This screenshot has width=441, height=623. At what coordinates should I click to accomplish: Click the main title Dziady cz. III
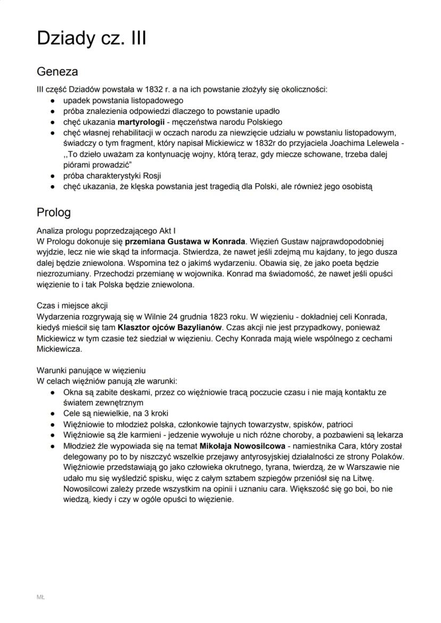(x=91, y=38)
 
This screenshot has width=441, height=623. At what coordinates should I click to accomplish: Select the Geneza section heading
(x=57, y=72)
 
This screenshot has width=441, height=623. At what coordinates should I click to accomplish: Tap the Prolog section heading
(x=53, y=212)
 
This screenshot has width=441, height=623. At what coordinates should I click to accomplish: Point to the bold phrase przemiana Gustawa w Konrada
(x=185, y=240)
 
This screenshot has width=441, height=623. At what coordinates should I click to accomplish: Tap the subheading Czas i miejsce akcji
(x=72, y=305)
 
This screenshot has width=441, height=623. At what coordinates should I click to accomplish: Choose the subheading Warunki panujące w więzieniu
(x=91, y=370)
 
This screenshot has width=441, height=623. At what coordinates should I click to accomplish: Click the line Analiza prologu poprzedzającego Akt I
(x=106, y=230)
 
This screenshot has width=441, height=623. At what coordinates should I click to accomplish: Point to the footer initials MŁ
(x=40, y=597)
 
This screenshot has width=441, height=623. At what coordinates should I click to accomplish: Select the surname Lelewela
(x=381, y=143)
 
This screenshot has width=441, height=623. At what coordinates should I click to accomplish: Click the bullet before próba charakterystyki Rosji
(x=52, y=176)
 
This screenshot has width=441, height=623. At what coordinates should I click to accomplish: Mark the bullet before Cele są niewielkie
(x=52, y=413)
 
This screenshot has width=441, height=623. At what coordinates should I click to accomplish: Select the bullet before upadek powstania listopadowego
(x=52, y=100)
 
